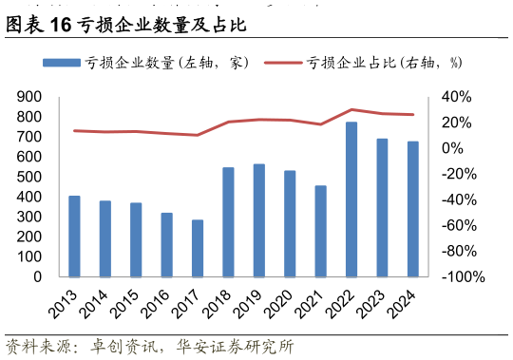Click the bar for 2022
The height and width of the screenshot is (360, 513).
351,199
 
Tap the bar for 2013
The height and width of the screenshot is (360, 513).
74,237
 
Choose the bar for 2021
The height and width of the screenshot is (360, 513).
321,231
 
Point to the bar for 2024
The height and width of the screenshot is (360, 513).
413,209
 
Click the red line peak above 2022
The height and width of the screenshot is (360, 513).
351,109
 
